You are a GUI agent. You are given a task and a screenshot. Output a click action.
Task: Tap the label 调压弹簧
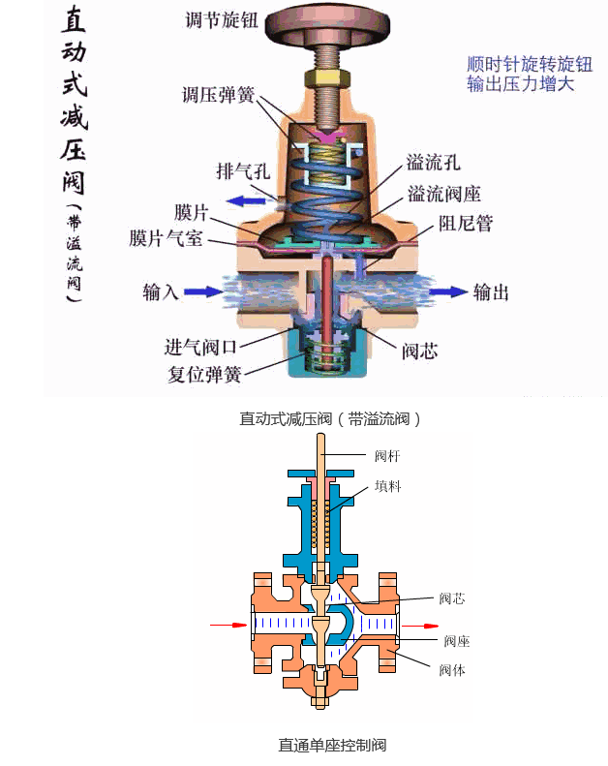coord(219,96)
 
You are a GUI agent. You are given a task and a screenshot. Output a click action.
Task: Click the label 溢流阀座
coord(441,194)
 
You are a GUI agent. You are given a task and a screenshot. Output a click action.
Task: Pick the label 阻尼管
coord(466,224)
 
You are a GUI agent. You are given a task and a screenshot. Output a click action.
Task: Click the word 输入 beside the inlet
coord(161,291)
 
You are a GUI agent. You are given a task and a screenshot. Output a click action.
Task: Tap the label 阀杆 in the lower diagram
coord(387,454)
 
